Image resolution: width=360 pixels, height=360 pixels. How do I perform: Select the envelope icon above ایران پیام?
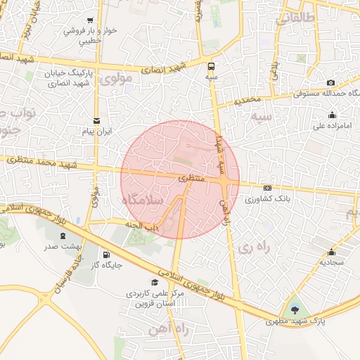[97, 120]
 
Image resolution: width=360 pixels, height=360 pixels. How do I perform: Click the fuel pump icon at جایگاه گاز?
[105, 255]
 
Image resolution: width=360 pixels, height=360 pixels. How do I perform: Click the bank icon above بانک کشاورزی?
[267, 188]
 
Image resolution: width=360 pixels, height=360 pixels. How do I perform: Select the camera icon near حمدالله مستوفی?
[331, 82]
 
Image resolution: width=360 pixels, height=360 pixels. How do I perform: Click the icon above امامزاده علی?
[332, 115]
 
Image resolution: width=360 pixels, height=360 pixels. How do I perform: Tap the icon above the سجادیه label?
[331, 252]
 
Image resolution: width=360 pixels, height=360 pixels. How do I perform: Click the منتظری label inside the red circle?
[191, 179]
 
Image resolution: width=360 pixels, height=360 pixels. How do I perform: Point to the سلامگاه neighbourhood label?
[143, 200]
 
